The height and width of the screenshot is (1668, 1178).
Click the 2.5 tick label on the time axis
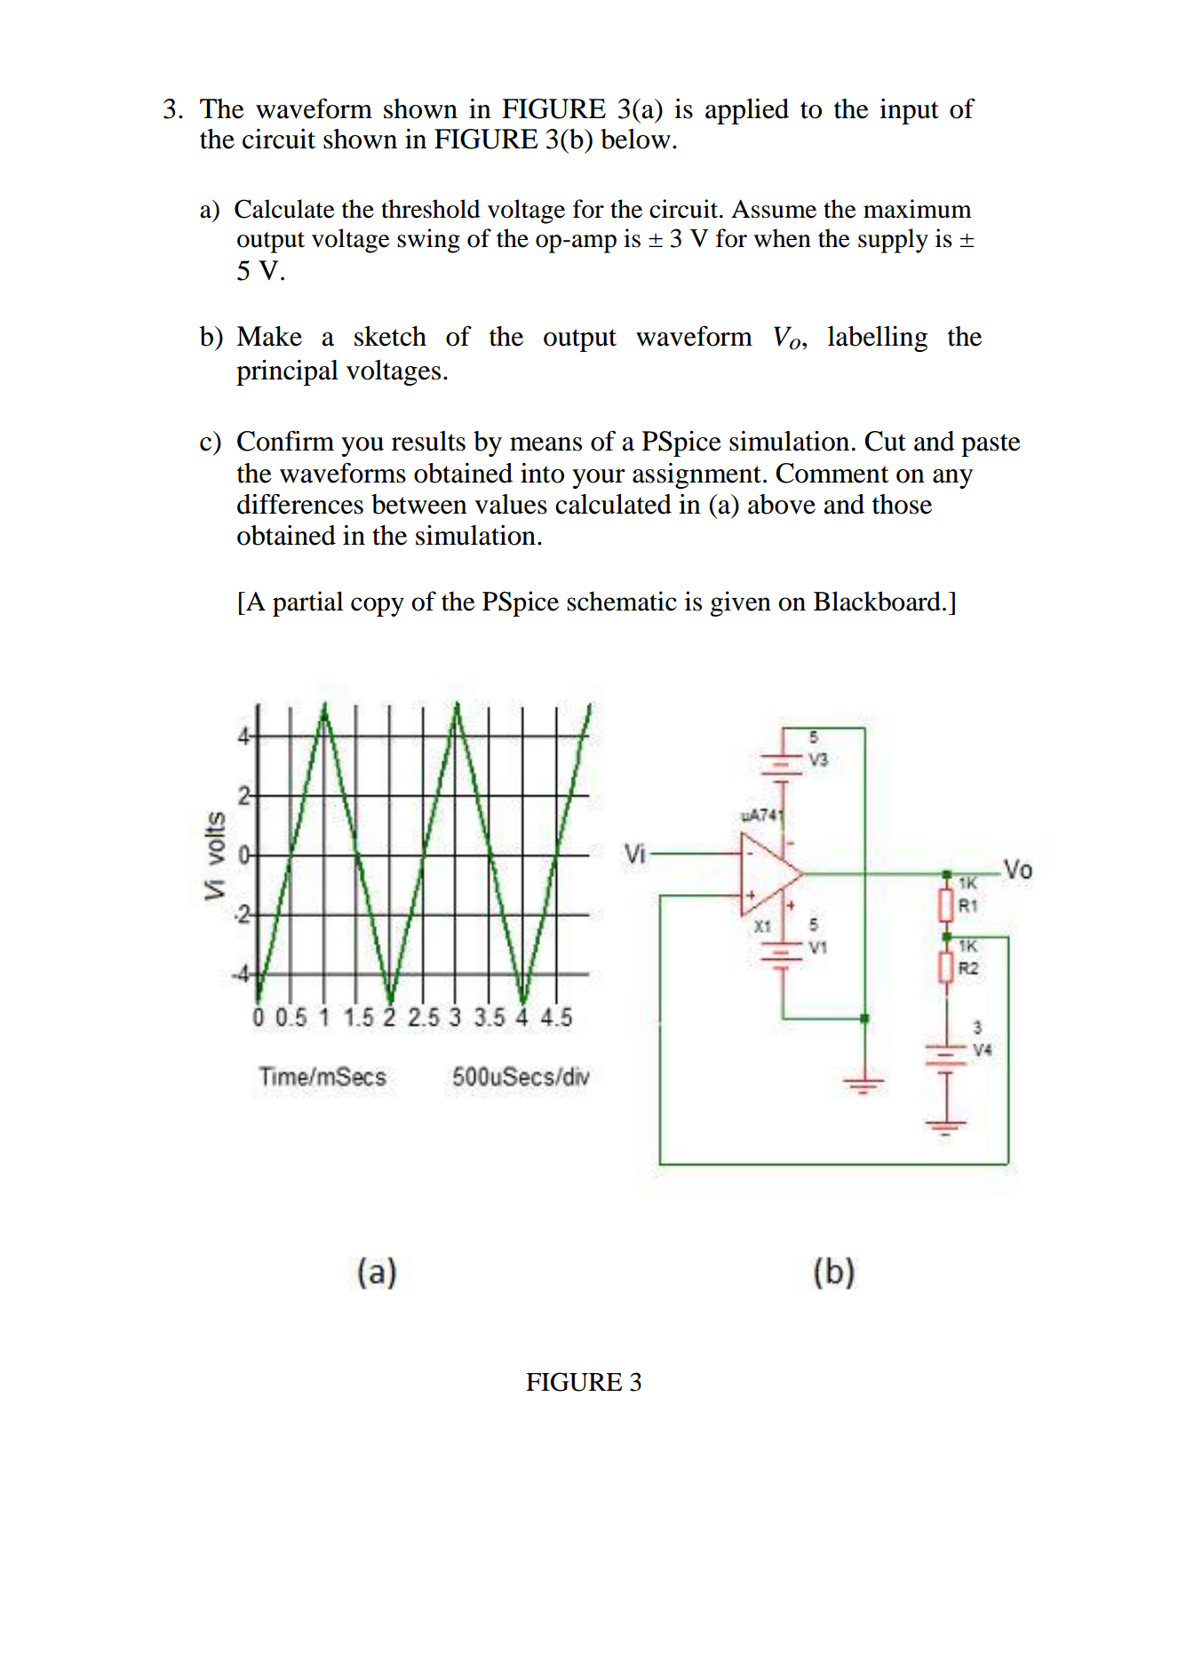click(x=423, y=1018)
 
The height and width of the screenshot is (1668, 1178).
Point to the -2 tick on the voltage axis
click(x=243, y=914)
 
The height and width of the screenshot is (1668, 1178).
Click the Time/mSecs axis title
click(x=322, y=1077)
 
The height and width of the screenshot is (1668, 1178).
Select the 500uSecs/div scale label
click(x=521, y=1077)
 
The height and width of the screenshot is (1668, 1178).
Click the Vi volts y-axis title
click(x=214, y=855)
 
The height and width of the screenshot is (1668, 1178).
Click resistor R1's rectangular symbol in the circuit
click(x=947, y=906)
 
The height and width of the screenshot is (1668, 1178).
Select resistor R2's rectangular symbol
click(x=947, y=967)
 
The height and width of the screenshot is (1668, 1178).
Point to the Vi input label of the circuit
click(x=635, y=853)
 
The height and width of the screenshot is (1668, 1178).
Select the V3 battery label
click(x=818, y=760)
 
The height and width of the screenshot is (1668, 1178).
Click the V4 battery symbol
click(x=946, y=1057)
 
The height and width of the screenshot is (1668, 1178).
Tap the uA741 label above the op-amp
click(x=761, y=815)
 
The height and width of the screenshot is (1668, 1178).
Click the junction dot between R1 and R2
click(x=947, y=937)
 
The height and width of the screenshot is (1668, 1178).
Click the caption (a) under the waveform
click(x=377, y=1272)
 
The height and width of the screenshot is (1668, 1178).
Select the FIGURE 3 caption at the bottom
click(x=584, y=1382)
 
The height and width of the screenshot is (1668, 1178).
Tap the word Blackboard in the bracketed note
click(x=879, y=602)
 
